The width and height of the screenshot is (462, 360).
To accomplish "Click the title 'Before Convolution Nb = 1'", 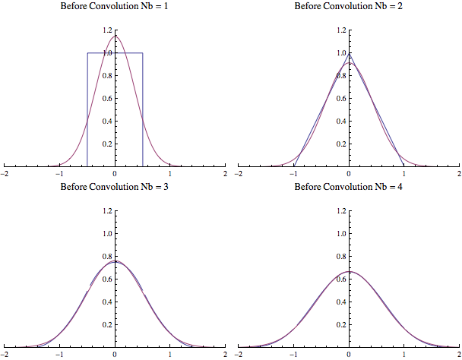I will point(115,7).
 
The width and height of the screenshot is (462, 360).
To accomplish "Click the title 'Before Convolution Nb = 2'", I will point(349,7).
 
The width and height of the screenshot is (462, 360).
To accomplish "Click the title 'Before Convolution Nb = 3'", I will point(115,187).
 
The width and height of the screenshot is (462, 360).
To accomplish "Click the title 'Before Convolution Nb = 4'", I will point(349,187).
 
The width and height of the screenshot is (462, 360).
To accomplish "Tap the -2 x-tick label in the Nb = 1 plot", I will point(5,174).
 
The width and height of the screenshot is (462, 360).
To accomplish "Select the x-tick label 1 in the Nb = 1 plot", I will point(170,174).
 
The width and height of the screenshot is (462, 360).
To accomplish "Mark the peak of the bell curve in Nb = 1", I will point(115,36).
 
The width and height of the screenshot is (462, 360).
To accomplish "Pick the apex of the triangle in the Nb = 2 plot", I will point(350,53).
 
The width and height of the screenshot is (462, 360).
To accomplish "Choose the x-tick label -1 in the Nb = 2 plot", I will point(293,174).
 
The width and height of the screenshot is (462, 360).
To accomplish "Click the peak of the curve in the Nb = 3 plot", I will point(115,261).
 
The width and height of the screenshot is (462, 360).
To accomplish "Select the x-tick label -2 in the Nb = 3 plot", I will point(5,354).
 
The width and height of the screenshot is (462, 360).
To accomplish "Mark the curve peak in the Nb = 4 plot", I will point(350,271).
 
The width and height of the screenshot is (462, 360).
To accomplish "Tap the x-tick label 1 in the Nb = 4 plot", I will point(404,354).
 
